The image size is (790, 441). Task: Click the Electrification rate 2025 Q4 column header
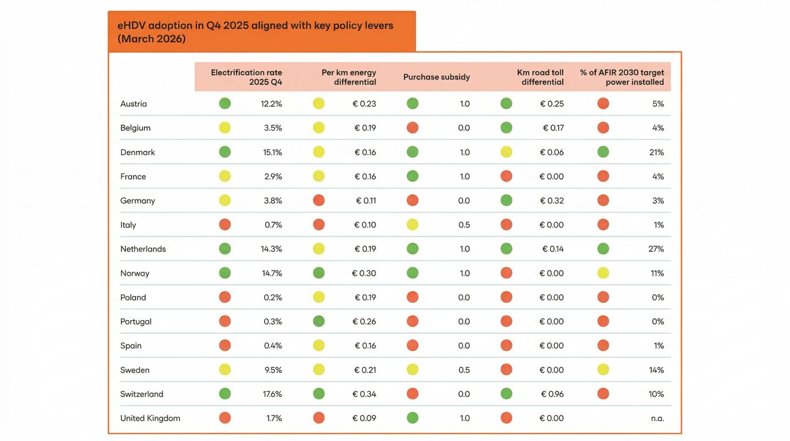click(x=247, y=77)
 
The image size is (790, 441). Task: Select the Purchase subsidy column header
click(x=436, y=77)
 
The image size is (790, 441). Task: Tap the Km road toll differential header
click(x=540, y=77)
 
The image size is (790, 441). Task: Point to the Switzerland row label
click(x=142, y=394)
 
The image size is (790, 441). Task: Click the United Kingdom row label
click(x=150, y=418)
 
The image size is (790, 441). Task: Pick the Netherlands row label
click(x=143, y=249)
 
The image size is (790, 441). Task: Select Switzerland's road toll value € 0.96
click(x=552, y=394)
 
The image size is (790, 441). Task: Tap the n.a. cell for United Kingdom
click(x=657, y=418)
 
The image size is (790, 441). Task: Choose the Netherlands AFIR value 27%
click(x=656, y=249)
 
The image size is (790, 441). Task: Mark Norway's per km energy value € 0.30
click(x=364, y=273)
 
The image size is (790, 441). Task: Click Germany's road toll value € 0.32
click(x=552, y=200)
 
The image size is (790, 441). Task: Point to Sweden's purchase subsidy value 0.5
click(x=464, y=370)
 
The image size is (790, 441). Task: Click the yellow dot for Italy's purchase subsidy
click(x=412, y=225)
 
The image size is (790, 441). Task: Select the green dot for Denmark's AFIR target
click(x=603, y=152)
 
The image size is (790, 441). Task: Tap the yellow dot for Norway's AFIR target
click(x=603, y=273)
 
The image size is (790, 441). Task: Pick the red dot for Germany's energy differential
click(x=319, y=200)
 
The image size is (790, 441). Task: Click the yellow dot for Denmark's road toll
click(x=506, y=152)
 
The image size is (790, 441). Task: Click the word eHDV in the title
click(x=131, y=25)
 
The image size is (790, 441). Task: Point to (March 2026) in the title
click(x=151, y=39)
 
